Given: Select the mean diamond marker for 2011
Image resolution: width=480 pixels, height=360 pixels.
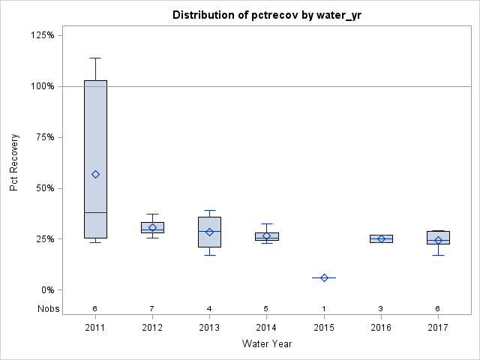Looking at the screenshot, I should coord(95,174).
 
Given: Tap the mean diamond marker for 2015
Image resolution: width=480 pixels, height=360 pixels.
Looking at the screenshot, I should coord(324,277).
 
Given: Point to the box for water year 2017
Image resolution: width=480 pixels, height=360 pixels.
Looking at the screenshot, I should coord(438,237).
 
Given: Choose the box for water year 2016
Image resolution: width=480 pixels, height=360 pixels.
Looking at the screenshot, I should coord(381,238).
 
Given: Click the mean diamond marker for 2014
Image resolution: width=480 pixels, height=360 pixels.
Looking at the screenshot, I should coord(266,235).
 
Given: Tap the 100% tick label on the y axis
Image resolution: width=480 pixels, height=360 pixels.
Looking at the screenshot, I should coord(43,86).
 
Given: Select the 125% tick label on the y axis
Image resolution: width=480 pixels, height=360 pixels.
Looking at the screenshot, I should coord(43,35).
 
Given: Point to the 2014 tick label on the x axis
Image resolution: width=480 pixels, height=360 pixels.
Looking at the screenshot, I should coord(266,328).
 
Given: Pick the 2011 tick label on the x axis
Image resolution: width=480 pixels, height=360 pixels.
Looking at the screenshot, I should coord(95,328).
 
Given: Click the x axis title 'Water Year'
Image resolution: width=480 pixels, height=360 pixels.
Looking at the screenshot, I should coord(266,343).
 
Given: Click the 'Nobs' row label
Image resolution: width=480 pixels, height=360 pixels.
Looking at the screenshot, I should coord(49,308).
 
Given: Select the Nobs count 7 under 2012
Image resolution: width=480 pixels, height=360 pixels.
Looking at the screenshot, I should coord(152,308).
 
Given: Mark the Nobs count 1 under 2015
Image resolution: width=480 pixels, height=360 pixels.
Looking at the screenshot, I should coord(324,308).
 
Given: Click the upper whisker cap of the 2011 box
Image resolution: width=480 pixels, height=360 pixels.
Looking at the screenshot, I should coord(95,58).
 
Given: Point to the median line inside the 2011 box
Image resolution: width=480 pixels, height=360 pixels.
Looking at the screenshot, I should coord(95,212).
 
